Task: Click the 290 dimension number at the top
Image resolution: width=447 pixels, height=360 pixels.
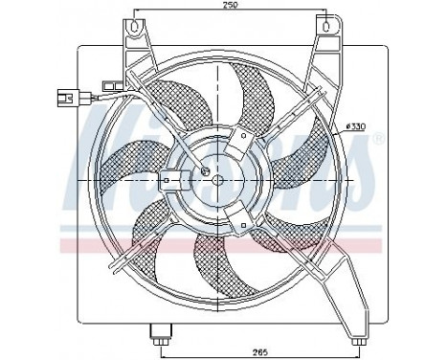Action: pos(229,8)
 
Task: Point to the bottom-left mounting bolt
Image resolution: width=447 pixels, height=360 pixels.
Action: pos(157,336)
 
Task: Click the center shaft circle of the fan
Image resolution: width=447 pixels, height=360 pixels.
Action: pos(216,179)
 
